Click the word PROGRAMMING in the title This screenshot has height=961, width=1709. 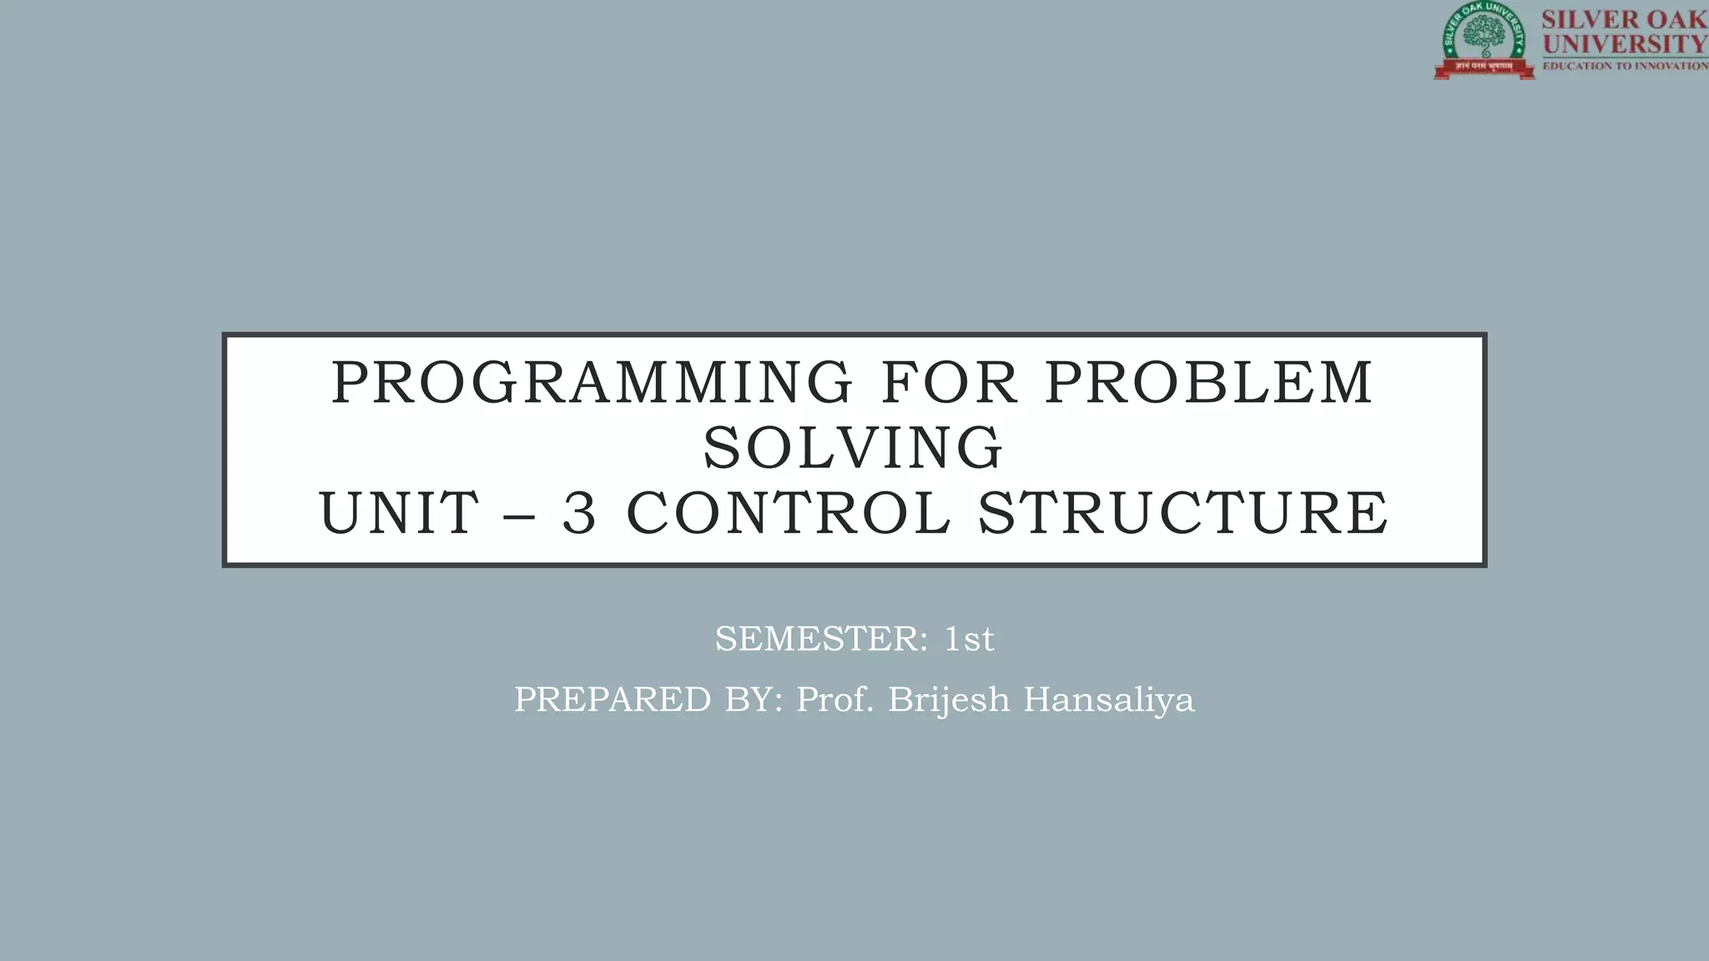click(x=592, y=383)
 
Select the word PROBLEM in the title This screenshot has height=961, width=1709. click(x=1209, y=383)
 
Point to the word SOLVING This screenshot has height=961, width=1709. click(x=853, y=448)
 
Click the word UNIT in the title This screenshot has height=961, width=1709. click(x=399, y=513)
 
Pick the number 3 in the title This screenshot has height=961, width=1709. click(x=579, y=513)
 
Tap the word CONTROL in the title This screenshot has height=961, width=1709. click(x=788, y=513)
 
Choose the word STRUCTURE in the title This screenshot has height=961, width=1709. click(x=1183, y=513)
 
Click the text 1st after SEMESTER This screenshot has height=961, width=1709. click(x=969, y=640)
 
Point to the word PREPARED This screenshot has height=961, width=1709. click(x=613, y=700)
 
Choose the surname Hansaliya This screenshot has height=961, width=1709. click(x=1109, y=700)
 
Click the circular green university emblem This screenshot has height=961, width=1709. click(x=1484, y=38)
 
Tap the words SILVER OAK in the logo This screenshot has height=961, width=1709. click(x=1624, y=19)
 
